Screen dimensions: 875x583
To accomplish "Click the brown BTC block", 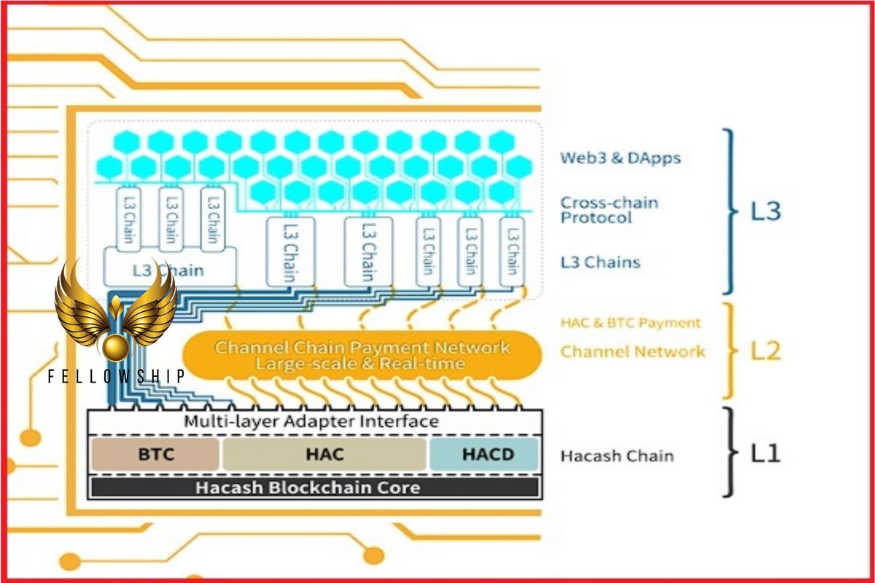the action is pyautogui.click(x=155, y=454).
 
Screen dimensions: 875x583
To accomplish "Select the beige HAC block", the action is pyautogui.click(x=324, y=454).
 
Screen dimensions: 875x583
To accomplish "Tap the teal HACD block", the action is pyautogui.click(x=484, y=454).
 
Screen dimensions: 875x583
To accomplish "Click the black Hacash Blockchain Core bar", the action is pyautogui.click(x=315, y=488).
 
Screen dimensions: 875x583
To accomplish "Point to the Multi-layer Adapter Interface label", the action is pyautogui.click(x=311, y=421).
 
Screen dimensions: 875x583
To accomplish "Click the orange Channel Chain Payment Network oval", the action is pyautogui.click(x=362, y=355).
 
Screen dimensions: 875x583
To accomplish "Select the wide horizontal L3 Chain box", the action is pyautogui.click(x=169, y=267).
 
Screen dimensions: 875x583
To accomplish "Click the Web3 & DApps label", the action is pyautogui.click(x=621, y=157).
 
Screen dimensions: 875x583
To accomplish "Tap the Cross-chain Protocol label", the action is pyautogui.click(x=610, y=210).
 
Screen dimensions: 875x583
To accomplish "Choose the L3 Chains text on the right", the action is pyautogui.click(x=600, y=262).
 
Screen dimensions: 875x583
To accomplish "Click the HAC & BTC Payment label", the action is pyautogui.click(x=631, y=323).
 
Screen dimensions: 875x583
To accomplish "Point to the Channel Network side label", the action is pyautogui.click(x=633, y=352).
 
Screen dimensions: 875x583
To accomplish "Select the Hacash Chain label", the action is pyautogui.click(x=617, y=455).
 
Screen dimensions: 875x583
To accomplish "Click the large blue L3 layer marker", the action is pyautogui.click(x=766, y=211).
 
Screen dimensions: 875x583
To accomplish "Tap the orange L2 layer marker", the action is pyautogui.click(x=766, y=351).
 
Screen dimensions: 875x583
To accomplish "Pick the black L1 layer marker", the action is pyautogui.click(x=766, y=453).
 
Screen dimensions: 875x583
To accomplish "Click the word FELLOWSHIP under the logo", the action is pyautogui.click(x=116, y=376).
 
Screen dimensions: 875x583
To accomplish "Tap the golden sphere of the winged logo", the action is pyautogui.click(x=116, y=347).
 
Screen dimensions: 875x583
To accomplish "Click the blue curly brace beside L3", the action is pyautogui.click(x=729, y=211).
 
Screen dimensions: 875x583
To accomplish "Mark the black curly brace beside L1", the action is pyautogui.click(x=729, y=453).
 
